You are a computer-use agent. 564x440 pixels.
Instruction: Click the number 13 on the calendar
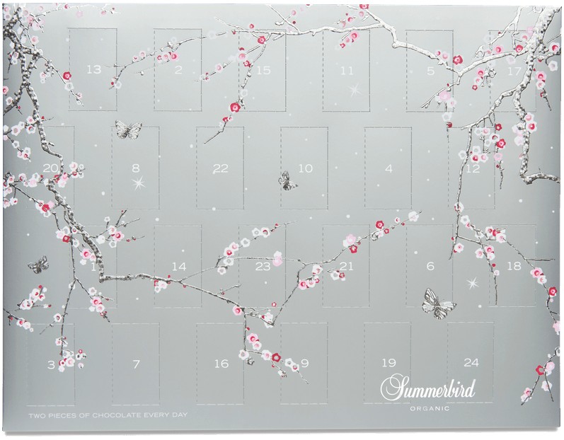tap(93, 69)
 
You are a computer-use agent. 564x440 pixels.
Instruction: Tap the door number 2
tap(178, 69)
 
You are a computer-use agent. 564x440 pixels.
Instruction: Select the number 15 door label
tap(263, 70)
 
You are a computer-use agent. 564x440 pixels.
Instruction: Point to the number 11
tap(347, 70)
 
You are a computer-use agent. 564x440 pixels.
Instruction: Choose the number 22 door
tap(220, 168)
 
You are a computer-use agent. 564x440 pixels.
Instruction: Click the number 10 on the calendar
tap(304, 168)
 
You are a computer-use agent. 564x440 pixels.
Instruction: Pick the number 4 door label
tap(389, 168)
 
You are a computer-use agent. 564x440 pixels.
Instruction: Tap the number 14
tap(179, 267)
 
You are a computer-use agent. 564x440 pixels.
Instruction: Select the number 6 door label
tap(430, 267)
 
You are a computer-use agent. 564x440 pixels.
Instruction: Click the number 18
tap(514, 267)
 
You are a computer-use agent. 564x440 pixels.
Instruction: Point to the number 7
tap(135, 364)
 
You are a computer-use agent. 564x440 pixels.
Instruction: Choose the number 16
tap(221, 364)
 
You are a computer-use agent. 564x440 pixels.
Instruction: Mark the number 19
tap(388, 363)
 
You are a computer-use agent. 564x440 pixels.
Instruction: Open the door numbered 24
tap(471, 363)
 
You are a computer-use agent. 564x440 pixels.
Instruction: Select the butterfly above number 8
tap(128, 129)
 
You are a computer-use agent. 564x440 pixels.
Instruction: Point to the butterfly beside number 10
tap(287, 181)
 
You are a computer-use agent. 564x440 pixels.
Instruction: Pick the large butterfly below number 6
tap(439, 303)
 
